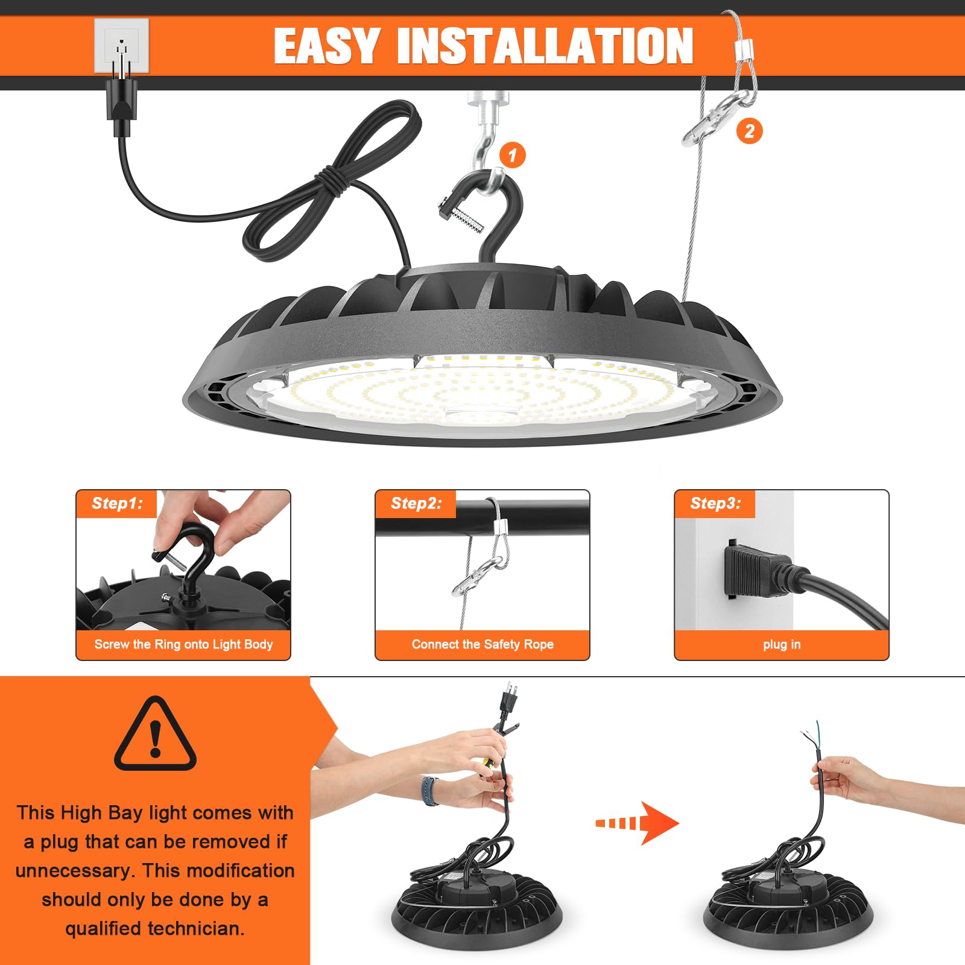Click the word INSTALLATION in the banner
pyautogui.click(x=545, y=46)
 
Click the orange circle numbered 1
pyautogui.click(x=512, y=155)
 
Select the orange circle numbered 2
pyautogui.click(x=749, y=131)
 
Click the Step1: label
pyautogui.click(x=117, y=504)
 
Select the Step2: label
pyautogui.click(x=416, y=504)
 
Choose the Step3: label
pyautogui.click(x=715, y=504)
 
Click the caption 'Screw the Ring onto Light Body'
pyautogui.click(x=183, y=645)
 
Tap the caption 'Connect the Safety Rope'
pyautogui.click(x=482, y=645)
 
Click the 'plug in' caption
pyautogui.click(x=782, y=645)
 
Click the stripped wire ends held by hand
pyautogui.click(x=809, y=733)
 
